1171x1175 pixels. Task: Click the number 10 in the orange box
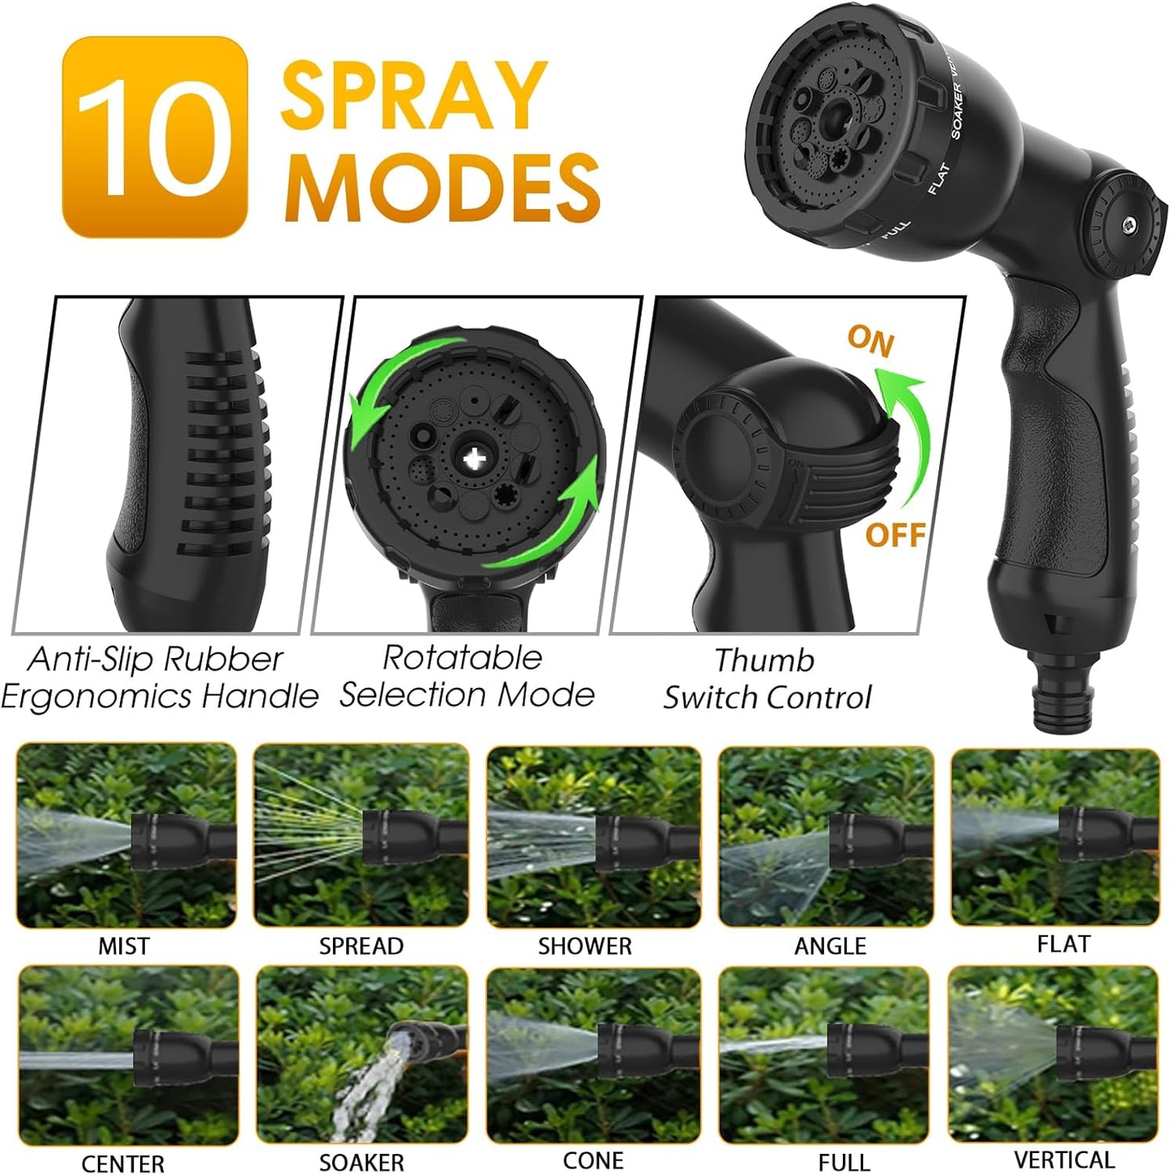(x=154, y=138)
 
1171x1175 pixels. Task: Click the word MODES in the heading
(x=442, y=186)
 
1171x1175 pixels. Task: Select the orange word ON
(x=870, y=340)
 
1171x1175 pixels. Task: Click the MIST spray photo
(x=126, y=835)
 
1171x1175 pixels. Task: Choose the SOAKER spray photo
(x=361, y=1054)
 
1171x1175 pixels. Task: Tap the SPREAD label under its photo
(x=361, y=946)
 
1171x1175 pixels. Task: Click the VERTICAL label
(x=1064, y=1160)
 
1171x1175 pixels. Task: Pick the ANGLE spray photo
(x=826, y=835)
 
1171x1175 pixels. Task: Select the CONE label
(x=593, y=1160)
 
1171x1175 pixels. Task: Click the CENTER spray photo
(x=128, y=1054)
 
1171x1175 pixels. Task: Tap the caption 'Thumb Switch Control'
(x=766, y=679)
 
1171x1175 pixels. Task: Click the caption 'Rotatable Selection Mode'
(x=466, y=677)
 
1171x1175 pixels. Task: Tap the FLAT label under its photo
(x=1063, y=944)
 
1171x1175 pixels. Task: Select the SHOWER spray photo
(x=593, y=835)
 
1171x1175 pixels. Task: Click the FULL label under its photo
(x=844, y=1162)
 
